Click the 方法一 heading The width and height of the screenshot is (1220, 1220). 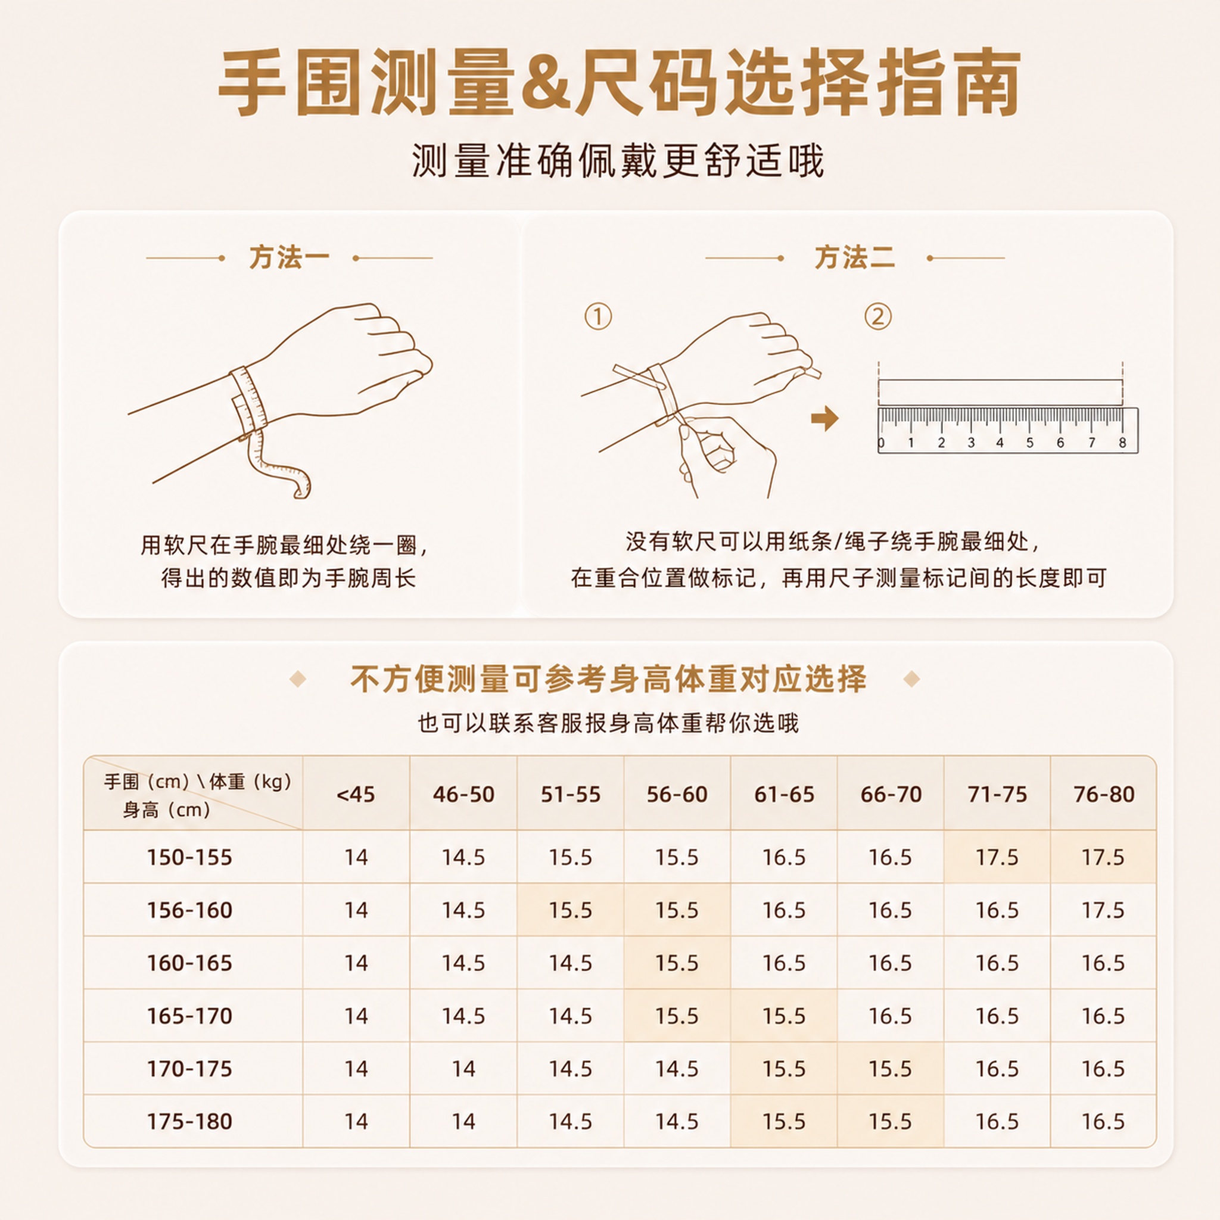click(289, 257)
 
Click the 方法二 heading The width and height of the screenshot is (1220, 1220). click(854, 257)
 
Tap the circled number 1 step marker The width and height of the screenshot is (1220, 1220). click(598, 316)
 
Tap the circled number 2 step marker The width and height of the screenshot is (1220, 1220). click(877, 316)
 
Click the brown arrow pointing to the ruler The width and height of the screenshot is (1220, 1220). click(824, 418)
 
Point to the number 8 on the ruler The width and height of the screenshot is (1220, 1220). click(1122, 443)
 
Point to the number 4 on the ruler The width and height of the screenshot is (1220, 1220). click(1000, 443)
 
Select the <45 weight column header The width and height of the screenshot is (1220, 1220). click(356, 793)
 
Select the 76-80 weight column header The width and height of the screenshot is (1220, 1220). click(1104, 793)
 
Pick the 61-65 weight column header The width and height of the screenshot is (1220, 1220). click(785, 793)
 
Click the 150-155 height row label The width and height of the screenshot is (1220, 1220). click(189, 857)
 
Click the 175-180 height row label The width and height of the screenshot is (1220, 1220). click(189, 1121)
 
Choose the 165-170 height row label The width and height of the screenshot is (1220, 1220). click(189, 1016)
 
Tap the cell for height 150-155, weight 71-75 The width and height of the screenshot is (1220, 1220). click(997, 857)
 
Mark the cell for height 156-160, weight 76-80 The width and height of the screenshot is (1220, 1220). click(1103, 910)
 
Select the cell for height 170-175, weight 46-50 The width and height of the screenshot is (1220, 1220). click(463, 1069)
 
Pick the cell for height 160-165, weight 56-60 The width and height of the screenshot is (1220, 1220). click(677, 963)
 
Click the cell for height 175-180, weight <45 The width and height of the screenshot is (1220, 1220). click(356, 1121)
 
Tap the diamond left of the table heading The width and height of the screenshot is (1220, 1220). click(297, 680)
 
